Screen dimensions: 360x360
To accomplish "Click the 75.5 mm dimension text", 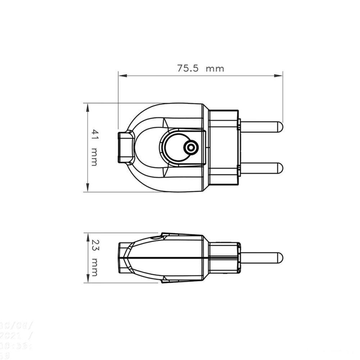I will click(x=200, y=68).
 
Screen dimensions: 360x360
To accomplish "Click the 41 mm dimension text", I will click(x=94, y=147).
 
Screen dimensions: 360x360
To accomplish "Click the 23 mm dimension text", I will click(x=94, y=258).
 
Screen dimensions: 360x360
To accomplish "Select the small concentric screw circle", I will click(x=190, y=147).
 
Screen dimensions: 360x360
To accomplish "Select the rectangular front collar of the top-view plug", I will click(x=223, y=147).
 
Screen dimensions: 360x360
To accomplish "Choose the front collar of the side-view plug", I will click(x=223, y=257).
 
